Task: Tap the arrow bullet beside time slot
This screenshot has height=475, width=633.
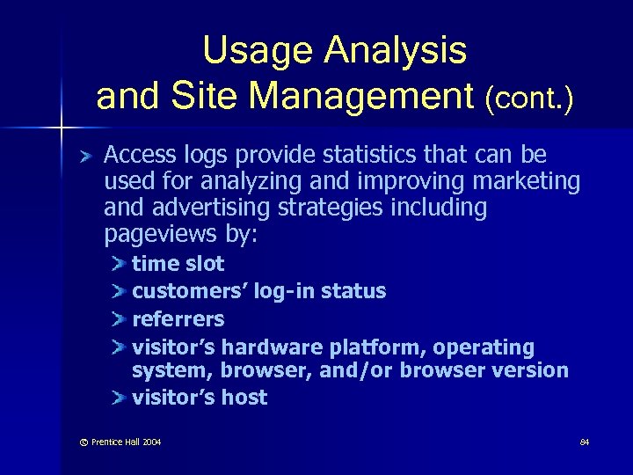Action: [x=120, y=264]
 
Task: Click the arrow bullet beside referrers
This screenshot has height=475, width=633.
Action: [x=120, y=319]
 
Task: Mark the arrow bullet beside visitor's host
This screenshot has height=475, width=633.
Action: [x=120, y=398]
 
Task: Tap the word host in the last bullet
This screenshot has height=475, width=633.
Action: [x=244, y=398]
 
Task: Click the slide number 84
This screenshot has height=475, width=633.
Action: [x=585, y=442]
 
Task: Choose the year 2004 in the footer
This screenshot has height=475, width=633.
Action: [x=151, y=442]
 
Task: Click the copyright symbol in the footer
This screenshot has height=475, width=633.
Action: [x=84, y=442]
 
